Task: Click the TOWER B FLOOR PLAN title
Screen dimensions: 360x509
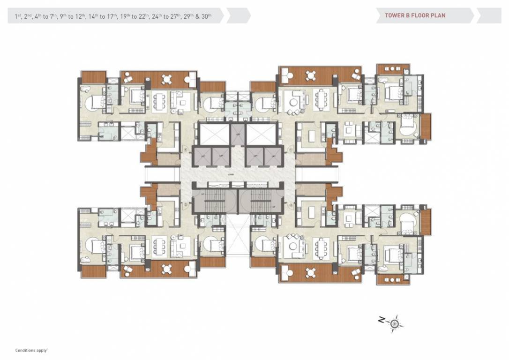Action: click(415, 15)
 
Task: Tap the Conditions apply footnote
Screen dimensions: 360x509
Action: click(32, 350)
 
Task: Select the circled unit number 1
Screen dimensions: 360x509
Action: click(291, 150)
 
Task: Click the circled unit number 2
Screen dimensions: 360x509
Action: click(291, 205)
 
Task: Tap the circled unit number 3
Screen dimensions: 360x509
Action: click(186, 205)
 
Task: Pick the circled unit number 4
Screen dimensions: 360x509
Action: click(186, 150)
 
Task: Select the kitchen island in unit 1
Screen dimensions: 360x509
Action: click(311, 135)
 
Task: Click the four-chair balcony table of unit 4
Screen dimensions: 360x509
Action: click(166, 79)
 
